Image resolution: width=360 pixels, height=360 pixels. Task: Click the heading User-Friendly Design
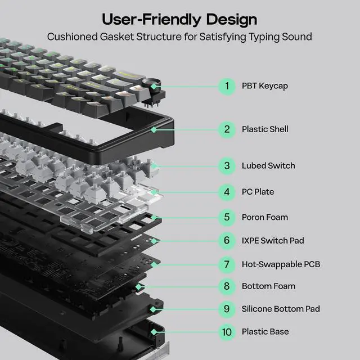[179, 19]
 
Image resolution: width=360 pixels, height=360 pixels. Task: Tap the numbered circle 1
[227, 86]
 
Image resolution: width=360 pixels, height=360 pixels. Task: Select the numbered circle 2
[227, 129]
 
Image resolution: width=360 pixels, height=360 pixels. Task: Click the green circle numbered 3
[227, 166]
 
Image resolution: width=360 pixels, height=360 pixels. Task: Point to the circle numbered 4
[227, 192]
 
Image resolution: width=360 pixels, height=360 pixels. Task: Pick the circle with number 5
[227, 217]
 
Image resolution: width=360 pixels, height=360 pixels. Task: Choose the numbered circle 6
[227, 241]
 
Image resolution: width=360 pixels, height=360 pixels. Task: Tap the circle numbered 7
[227, 264]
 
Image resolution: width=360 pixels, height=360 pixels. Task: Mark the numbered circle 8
[227, 286]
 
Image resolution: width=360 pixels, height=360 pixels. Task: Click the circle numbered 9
[227, 309]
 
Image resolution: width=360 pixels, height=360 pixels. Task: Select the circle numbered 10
[227, 332]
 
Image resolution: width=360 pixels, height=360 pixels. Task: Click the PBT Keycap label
[264, 86]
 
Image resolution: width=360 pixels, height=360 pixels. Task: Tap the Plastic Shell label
[265, 129]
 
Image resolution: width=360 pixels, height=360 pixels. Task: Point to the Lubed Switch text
[268, 166]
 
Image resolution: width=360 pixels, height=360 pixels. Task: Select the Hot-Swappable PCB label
[281, 264]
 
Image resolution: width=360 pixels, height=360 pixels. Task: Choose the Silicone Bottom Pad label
[281, 309]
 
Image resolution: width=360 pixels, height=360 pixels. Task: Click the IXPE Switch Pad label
[273, 241]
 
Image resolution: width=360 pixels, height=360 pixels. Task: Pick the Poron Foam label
[264, 217]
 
